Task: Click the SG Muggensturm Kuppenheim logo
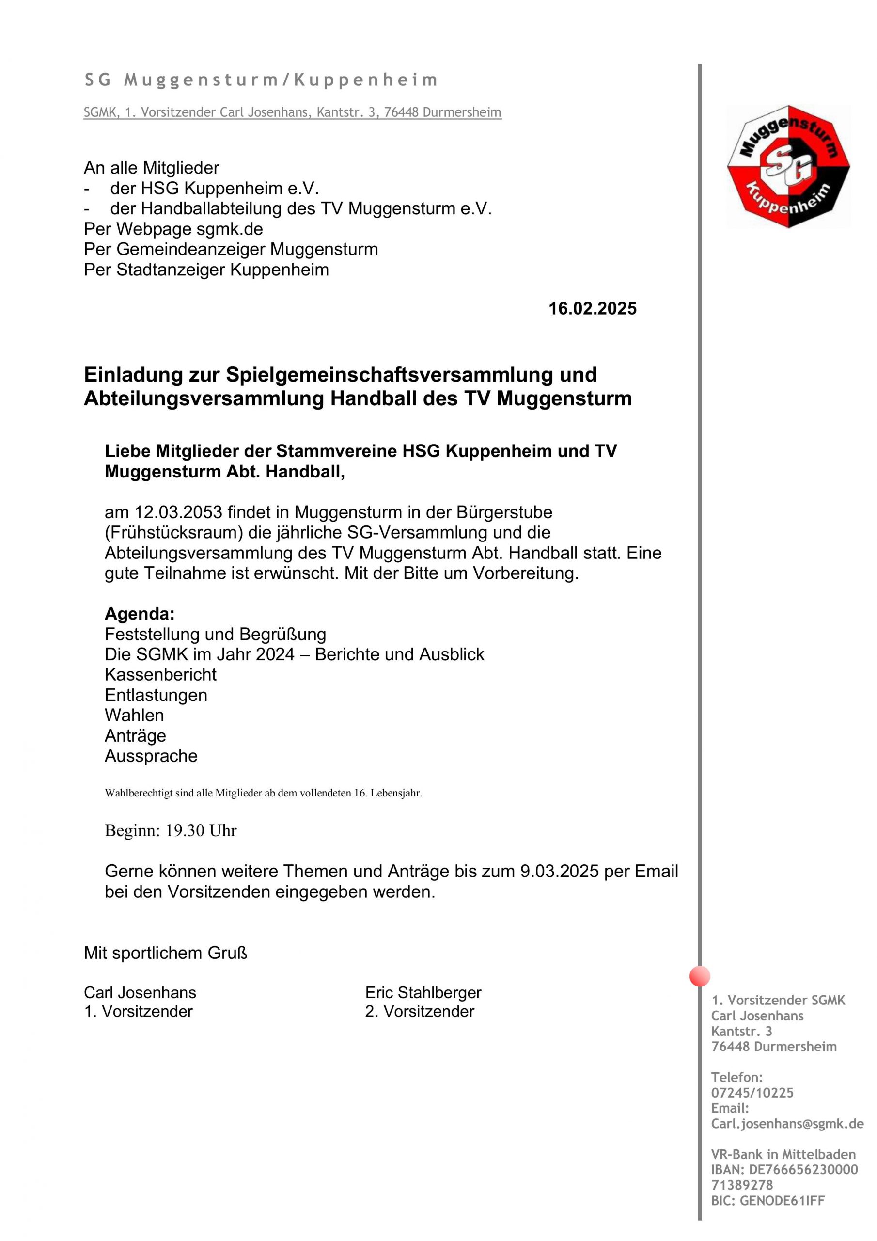pyautogui.click(x=788, y=166)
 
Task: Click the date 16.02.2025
pyautogui.click(x=592, y=309)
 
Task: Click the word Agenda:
pyautogui.click(x=140, y=614)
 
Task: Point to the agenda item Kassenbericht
pyautogui.click(x=160, y=674)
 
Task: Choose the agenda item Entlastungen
pyautogui.click(x=156, y=695)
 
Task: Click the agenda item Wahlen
pyautogui.click(x=134, y=715)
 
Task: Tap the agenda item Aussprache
pyautogui.click(x=151, y=756)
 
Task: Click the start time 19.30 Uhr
pyautogui.click(x=201, y=830)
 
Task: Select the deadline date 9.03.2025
pyautogui.click(x=559, y=871)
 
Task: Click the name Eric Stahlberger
pyautogui.click(x=423, y=992)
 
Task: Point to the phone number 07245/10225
pyautogui.click(x=752, y=1092)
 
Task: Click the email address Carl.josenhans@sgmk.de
pyautogui.click(x=787, y=1123)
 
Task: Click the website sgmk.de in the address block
pyautogui.click(x=230, y=229)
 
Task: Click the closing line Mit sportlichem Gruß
pyautogui.click(x=165, y=953)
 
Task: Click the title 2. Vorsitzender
pyautogui.click(x=419, y=1011)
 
